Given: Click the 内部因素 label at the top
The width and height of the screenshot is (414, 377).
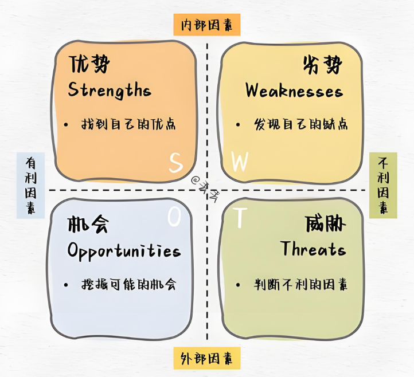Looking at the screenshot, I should pyautogui.click(x=207, y=25).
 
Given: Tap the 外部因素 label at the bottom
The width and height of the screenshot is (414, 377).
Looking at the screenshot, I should pyautogui.click(x=207, y=359).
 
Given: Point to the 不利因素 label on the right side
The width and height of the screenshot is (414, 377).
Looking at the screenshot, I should pyautogui.click(x=383, y=185).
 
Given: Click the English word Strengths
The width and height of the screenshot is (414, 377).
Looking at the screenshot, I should pyautogui.click(x=110, y=91).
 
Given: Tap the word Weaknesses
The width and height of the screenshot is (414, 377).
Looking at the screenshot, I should pyautogui.click(x=294, y=91).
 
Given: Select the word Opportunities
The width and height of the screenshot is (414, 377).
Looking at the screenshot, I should pyautogui.click(x=124, y=250).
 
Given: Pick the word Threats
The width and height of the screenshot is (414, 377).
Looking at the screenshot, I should pyautogui.click(x=313, y=249).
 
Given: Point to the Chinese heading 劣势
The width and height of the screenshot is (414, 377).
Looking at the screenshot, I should pyautogui.click(x=322, y=65).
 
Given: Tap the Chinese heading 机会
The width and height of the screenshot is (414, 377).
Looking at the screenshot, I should pyautogui.click(x=87, y=224).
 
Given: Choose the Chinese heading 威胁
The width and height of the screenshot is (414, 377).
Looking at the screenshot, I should pyautogui.click(x=326, y=224).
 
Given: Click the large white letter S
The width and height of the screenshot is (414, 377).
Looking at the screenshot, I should pyautogui.click(x=175, y=163).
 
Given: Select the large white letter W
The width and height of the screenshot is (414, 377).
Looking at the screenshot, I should pyautogui.click(x=239, y=163).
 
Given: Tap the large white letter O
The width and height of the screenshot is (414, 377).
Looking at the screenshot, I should pyautogui.click(x=174, y=217).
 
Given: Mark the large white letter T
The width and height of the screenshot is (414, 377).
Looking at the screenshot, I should pyautogui.click(x=241, y=217).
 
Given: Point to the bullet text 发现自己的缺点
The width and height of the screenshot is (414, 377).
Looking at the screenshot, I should pyautogui.click(x=301, y=124).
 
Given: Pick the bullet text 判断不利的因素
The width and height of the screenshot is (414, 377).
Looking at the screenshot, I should pyautogui.click(x=301, y=284).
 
